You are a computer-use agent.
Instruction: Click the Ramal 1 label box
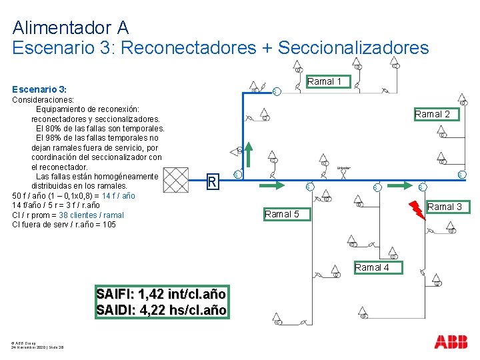tap(325, 81)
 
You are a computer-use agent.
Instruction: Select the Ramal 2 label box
tap(432, 114)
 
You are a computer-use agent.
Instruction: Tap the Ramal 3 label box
tap(445, 207)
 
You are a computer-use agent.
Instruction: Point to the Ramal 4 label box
tap(372, 267)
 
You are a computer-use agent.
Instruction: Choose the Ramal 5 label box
tap(281, 214)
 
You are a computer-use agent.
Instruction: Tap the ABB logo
tap(451, 342)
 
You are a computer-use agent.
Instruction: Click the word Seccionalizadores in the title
tap(353, 48)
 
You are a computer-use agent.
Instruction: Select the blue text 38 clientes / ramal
tap(91, 215)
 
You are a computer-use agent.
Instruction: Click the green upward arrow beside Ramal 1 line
tap(248, 154)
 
